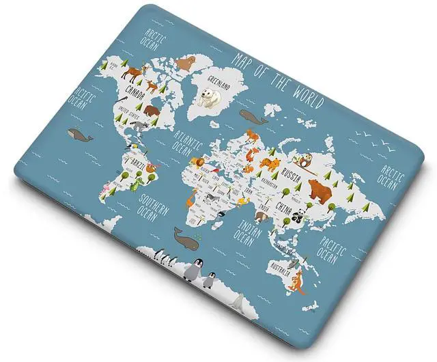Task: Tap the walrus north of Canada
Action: coord(184,64)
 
